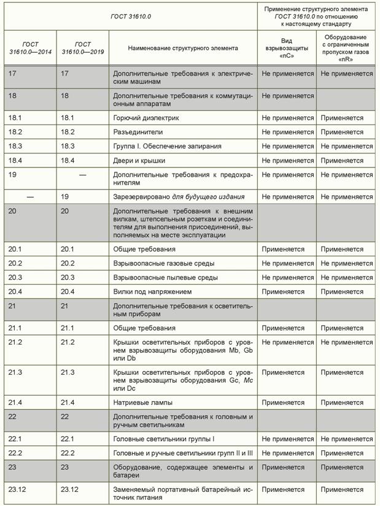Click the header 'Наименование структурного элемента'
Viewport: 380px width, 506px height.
tap(182, 48)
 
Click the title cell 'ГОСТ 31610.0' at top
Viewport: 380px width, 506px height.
tap(130, 15)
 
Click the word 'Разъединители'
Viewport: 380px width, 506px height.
tap(138, 132)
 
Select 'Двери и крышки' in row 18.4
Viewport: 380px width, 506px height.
tap(139, 161)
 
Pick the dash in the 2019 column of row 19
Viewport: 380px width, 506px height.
tap(82, 175)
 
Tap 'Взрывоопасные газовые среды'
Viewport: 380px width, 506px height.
tap(164, 264)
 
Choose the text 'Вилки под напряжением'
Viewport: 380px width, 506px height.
tap(152, 292)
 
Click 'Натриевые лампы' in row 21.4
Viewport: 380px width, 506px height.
tap(143, 403)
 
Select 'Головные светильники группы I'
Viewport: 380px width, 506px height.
tap(164, 439)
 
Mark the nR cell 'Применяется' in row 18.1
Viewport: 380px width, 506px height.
tap(342, 118)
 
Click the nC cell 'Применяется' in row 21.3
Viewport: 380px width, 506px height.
tap(283, 372)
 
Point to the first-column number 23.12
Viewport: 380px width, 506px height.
tap(18, 490)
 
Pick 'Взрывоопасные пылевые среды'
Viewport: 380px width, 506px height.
tap(165, 278)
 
